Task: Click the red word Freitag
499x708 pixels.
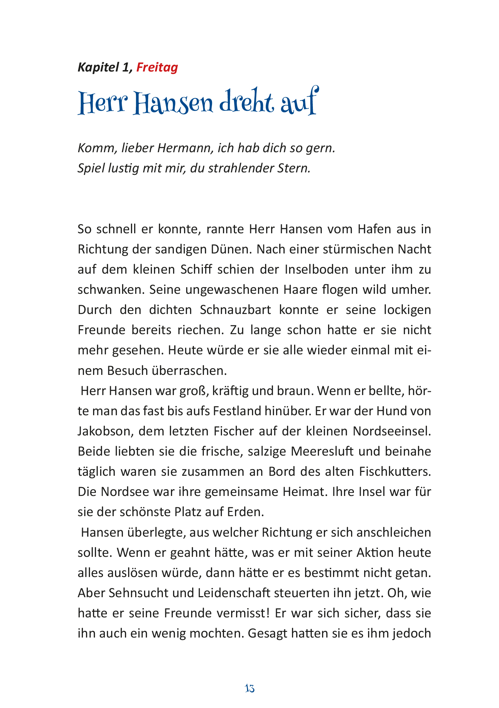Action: [157, 67]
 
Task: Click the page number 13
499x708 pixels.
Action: [249, 689]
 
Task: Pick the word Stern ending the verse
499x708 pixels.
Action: [293, 168]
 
